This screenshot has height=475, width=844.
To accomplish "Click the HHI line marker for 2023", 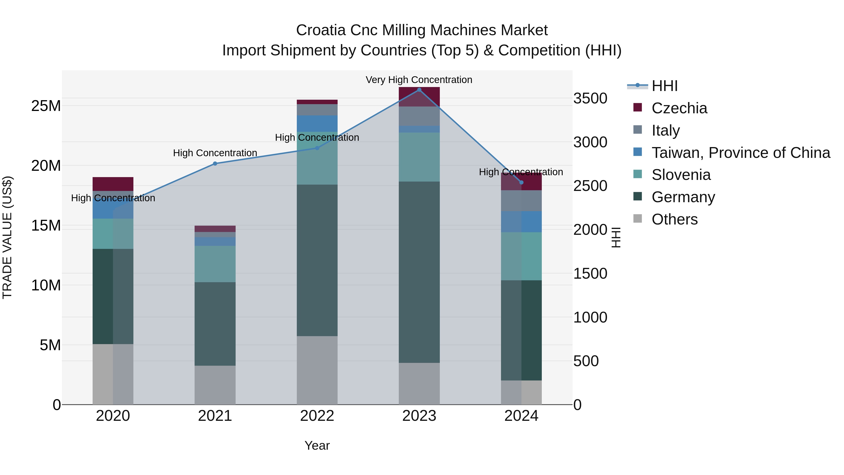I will [x=419, y=90].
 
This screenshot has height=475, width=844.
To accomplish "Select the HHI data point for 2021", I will [x=215, y=163].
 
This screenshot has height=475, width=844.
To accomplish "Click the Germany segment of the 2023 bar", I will [x=419, y=272].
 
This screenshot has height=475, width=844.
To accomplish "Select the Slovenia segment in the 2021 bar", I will [x=215, y=264].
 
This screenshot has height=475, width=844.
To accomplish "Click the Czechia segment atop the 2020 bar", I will [x=113, y=184].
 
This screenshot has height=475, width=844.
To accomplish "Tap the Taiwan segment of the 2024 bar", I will [x=521, y=222].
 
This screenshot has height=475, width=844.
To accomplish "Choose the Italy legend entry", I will [x=665, y=130].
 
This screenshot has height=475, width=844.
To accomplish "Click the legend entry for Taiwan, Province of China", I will [x=740, y=153].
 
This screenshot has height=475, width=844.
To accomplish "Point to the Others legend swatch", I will [x=638, y=219].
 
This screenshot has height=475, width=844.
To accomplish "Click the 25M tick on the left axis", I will [x=46, y=106].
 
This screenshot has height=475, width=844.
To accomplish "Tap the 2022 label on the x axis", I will [x=317, y=416].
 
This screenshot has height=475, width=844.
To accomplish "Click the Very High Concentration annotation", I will [x=419, y=80].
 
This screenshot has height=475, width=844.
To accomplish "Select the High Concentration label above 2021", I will [x=215, y=153].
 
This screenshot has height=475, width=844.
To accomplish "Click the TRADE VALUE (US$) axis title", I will [x=7, y=237].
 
